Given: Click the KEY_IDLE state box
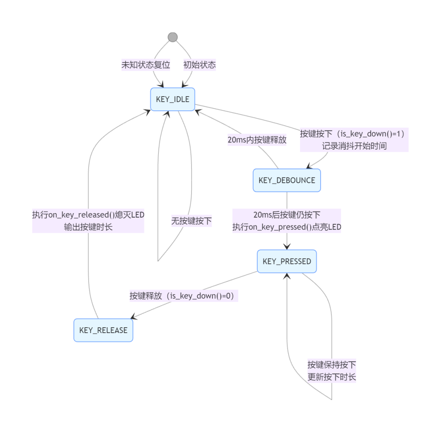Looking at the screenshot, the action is coord(172,99).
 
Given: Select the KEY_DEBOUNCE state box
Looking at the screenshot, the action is coord(287,180).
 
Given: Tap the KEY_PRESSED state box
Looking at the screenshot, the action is coord(287,261).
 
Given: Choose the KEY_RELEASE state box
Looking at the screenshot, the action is coord(103,330).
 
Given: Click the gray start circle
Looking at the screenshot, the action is coord(172,37).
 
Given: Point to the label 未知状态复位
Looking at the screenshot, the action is coord(146,65).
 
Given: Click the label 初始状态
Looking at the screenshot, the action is coord(199,65).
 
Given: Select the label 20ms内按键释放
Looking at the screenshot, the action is coord(257,140).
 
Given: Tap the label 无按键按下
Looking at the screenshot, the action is coord(191,221).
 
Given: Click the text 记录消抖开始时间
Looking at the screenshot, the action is coord(354,146).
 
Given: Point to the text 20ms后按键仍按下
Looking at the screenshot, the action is coord(287,215).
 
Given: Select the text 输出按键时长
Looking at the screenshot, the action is coord(88,227).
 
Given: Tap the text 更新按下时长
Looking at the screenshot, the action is coord(332,377).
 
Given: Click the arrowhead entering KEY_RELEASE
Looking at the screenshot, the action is coord(134,317).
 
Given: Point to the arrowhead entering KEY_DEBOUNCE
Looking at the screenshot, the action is coord(310,166).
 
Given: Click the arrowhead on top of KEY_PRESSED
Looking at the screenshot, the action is coord(287,247).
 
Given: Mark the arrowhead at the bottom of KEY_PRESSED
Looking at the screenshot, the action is coord(287,276).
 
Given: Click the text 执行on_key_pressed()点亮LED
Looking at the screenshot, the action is coord(287,227).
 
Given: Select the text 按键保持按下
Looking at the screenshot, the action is coord(332,364).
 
